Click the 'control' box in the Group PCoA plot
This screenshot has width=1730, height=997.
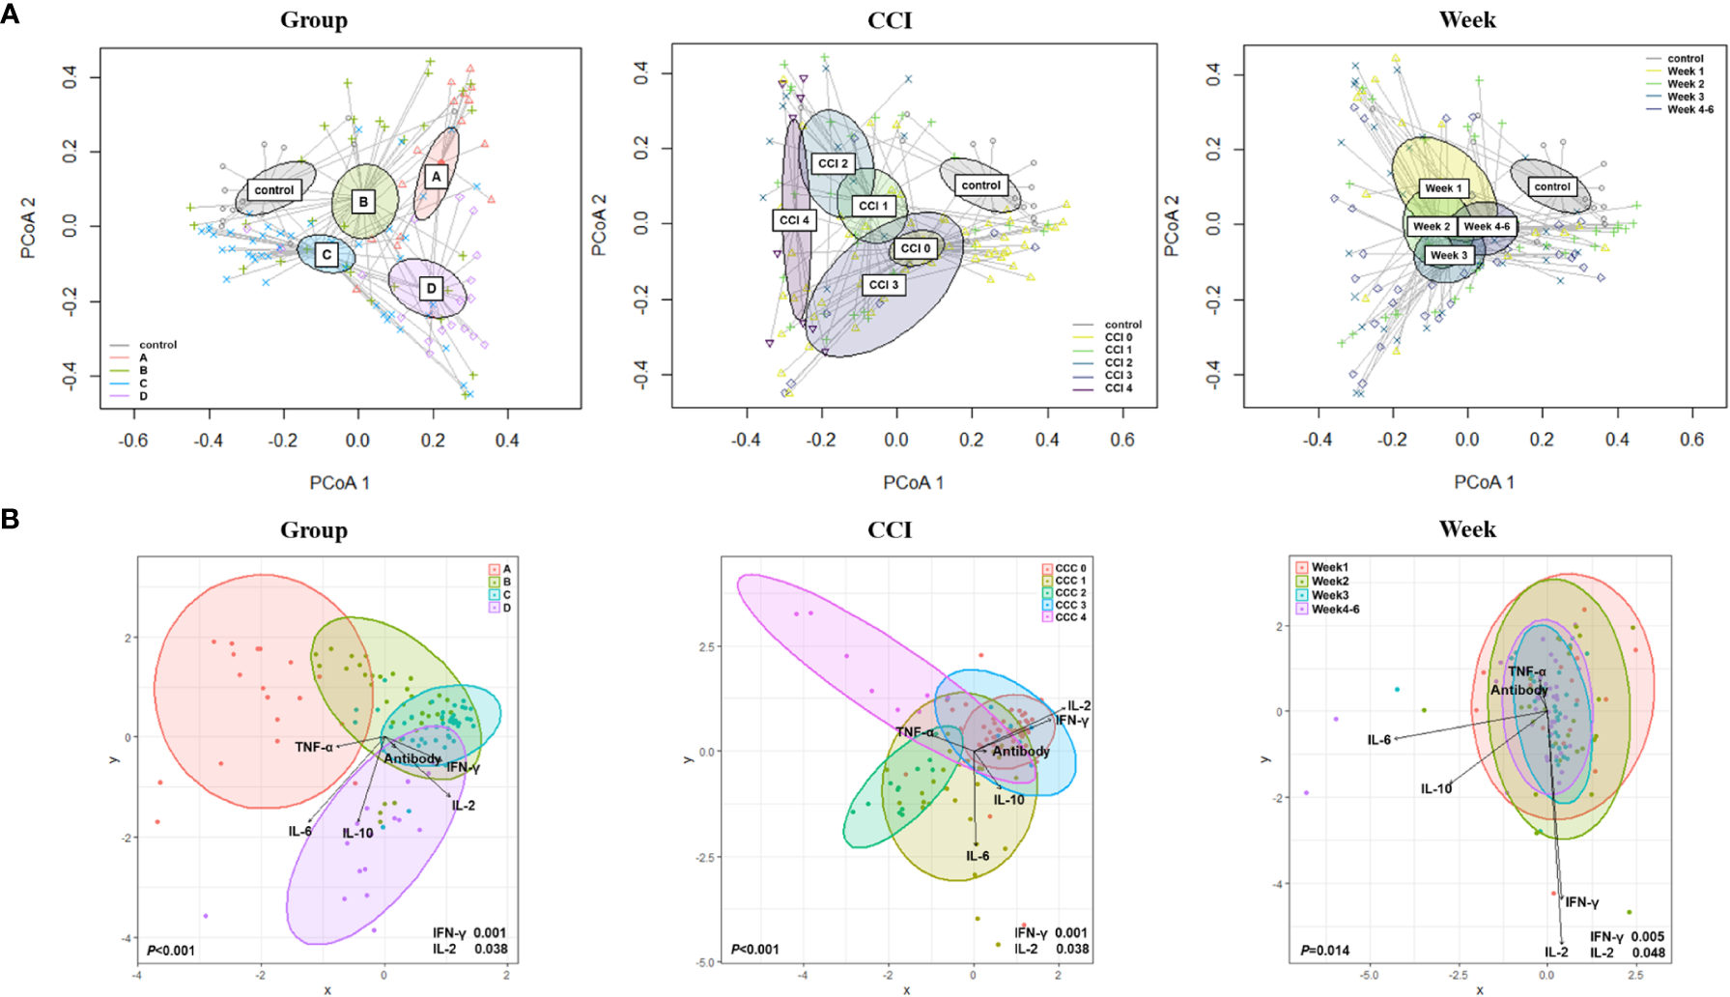point(274,190)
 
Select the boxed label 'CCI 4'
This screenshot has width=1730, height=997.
point(795,220)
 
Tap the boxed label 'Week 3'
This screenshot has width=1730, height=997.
point(1448,255)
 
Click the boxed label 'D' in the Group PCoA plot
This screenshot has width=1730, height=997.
point(431,288)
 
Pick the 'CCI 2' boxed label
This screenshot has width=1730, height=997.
point(833,163)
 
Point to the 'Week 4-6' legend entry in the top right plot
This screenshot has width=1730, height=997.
point(1689,109)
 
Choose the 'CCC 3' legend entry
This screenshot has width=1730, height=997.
point(1069,605)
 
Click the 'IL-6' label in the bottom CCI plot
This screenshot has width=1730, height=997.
point(978,856)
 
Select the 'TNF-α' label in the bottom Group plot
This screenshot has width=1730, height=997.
point(314,747)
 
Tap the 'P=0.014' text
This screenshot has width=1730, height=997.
point(1324,951)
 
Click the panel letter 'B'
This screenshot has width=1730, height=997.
point(10,520)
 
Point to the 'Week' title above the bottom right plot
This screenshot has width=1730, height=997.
point(1466,529)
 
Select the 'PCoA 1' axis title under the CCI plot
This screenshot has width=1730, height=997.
point(913,482)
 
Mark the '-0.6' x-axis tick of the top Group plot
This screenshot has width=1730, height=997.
point(132,441)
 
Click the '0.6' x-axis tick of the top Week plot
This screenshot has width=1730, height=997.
point(1691,440)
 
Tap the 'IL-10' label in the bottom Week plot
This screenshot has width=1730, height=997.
point(1435,789)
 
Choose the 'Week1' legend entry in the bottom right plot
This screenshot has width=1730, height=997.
point(1329,567)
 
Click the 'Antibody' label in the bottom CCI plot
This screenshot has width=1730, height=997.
point(1020,752)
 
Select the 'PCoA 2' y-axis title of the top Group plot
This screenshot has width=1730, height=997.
point(28,228)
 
